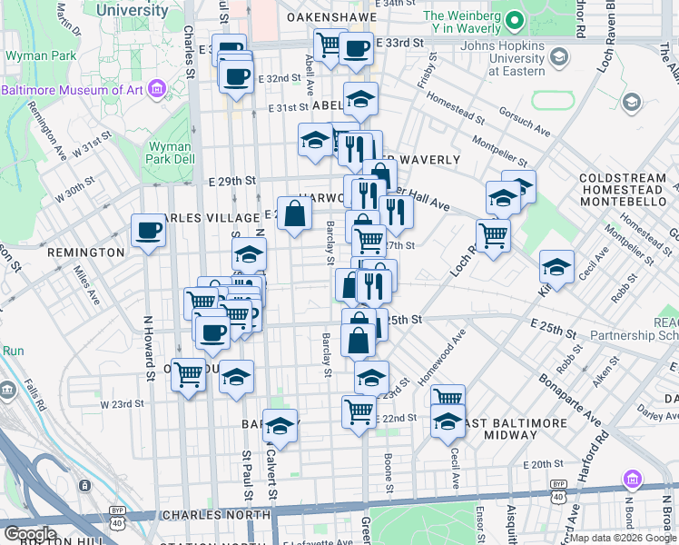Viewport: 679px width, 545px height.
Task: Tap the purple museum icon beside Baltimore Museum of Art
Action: pos(157,89)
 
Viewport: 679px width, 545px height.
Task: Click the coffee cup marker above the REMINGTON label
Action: pos(149,231)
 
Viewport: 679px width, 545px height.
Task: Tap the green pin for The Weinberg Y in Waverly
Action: pos(515,20)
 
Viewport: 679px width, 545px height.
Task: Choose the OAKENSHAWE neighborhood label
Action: pos(330,17)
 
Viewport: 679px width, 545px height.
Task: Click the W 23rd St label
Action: pos(122,403)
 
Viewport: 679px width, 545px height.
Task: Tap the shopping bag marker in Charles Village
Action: pos(295,215)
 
